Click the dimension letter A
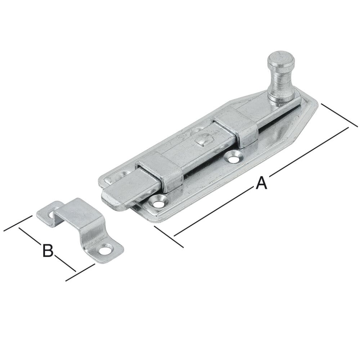point(261,183)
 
